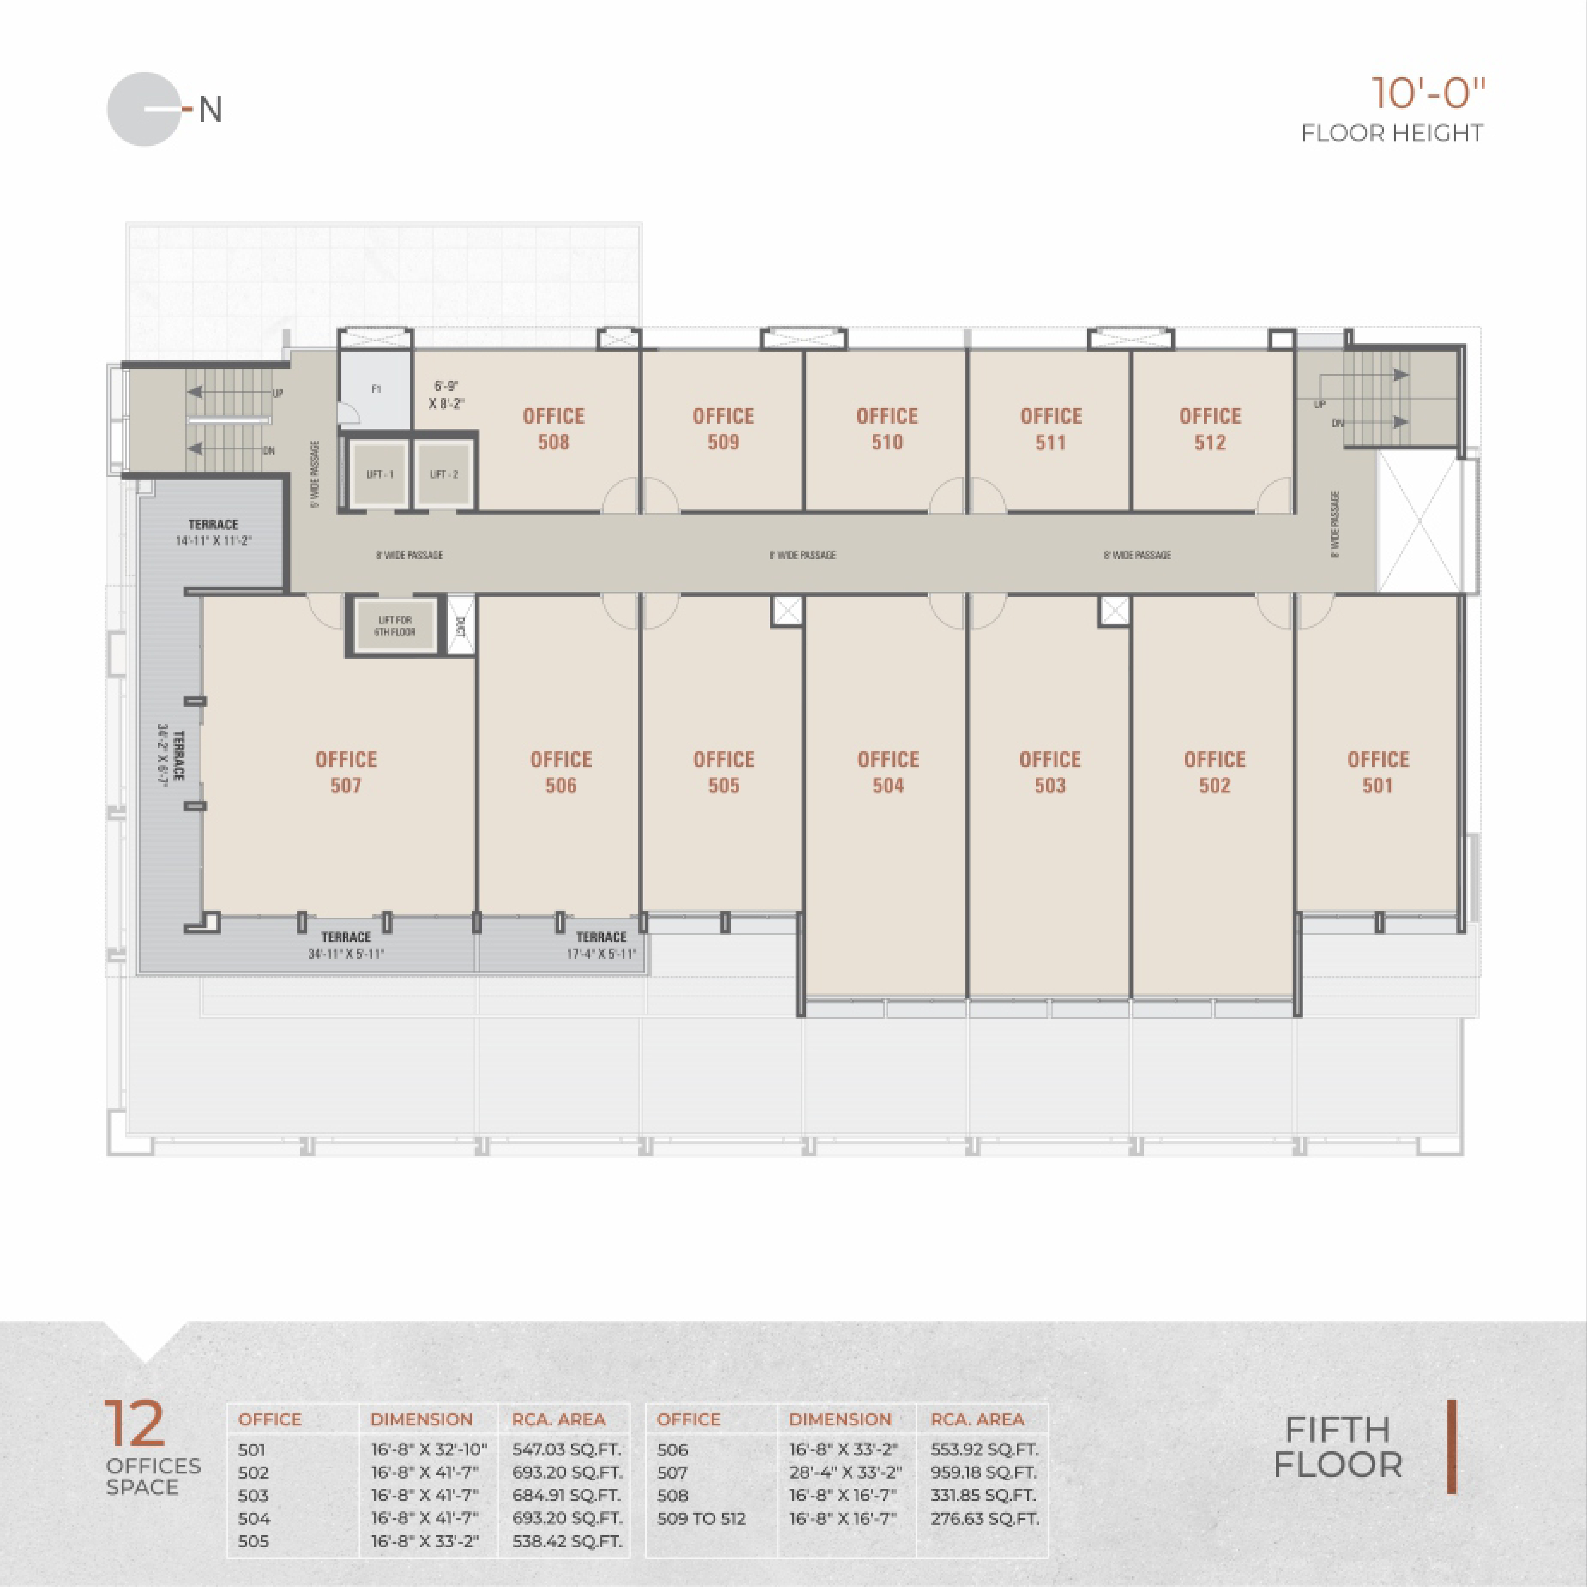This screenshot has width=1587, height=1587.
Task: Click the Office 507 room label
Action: point(346,772)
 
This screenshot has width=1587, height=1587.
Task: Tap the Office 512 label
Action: point(1210,429)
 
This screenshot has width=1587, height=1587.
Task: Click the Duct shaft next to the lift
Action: point(460,626)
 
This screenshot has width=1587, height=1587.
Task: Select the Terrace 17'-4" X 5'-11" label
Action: point(601,945)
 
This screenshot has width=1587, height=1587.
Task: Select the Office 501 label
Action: point(1377,772)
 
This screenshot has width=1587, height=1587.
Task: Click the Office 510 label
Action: point(887,429)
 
